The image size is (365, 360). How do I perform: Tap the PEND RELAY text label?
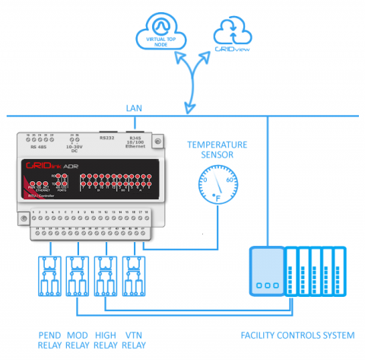tap(49, 339)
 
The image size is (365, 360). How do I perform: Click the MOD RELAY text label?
tap(78, 339)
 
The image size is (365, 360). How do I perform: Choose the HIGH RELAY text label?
tap(106, 339)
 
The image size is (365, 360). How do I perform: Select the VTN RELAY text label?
tap(133, 339)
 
